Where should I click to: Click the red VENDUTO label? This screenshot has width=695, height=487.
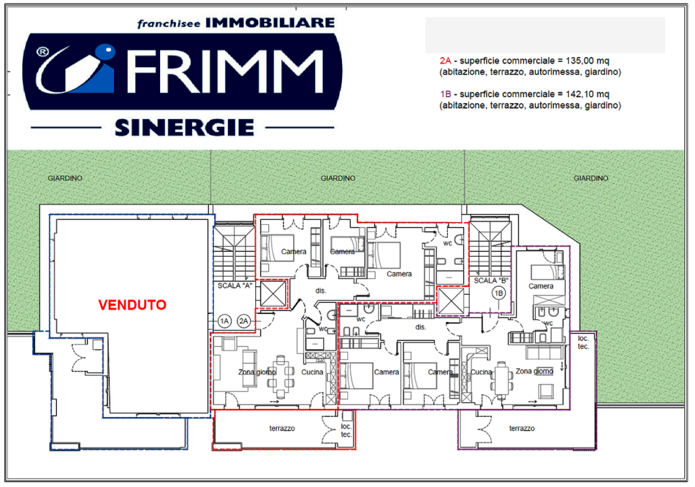(x=132, y=305)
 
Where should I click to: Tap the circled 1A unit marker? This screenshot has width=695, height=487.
(x=225, y=321)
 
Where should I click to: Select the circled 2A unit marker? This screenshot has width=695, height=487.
(x=244, y=321)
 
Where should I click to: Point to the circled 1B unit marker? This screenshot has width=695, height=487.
(x=499, y=293)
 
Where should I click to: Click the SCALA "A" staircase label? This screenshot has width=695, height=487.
(x=235, y=286)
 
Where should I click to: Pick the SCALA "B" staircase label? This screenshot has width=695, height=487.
(x=491, y=281)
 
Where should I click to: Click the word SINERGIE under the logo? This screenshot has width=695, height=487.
(x=185, y=128)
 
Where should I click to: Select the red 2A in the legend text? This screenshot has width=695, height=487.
(x=445, y=60)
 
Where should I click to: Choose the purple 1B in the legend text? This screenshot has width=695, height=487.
(x=445, y=94)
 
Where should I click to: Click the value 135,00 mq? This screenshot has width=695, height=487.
(x=587, y=60)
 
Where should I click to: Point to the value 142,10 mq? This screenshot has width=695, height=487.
(x=587, y=94)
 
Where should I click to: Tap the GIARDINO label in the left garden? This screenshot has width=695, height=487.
(x=65, y=178)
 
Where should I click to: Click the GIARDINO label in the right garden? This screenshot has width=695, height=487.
(x=591, y=178)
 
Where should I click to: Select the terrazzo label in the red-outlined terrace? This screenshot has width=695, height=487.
(x=282, y=429)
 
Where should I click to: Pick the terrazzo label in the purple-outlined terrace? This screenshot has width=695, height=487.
(x=522, y=429)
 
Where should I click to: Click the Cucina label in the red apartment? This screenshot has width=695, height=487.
(x=312, y=372)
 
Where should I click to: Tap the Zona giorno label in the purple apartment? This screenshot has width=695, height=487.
(x=534, y=372)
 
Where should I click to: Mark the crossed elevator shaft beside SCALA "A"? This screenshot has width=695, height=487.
(x=273, y=293)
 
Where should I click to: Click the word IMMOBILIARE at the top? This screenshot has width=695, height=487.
(x=270, y=22)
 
